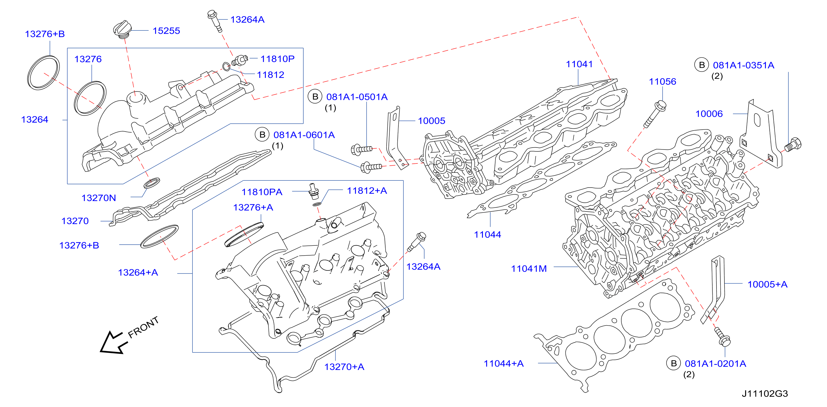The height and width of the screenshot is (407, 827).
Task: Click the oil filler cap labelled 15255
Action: coord(122,30)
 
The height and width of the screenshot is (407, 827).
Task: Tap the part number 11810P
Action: coord(277,59)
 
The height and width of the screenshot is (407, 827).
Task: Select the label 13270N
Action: coord(98,198)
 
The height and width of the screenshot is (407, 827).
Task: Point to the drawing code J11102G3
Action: coord(765,394)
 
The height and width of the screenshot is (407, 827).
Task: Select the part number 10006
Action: coord(709,114)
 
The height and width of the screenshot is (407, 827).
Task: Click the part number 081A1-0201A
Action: coord(715,363)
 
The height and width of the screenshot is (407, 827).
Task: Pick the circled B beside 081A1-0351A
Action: coord(702,65)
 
